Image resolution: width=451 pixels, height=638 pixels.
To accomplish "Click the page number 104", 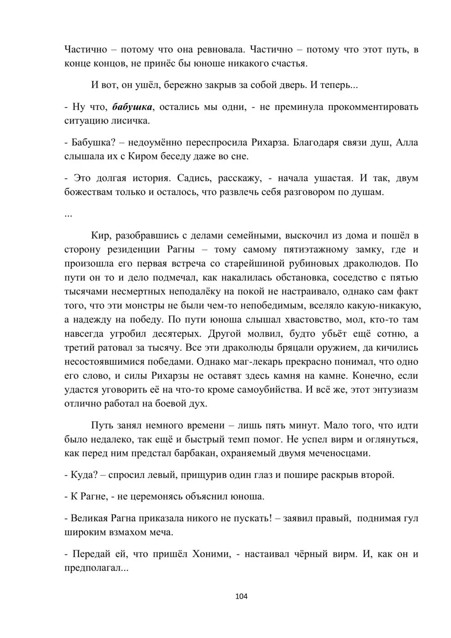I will (x=242, y=596).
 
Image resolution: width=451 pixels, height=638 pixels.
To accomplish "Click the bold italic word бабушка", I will (x=133, y=107).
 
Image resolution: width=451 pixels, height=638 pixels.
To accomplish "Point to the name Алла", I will (x=407, y=143).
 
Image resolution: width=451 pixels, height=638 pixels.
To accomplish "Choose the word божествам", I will (x=89, y=192).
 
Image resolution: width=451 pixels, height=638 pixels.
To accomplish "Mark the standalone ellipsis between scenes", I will (x=69, y=214).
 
